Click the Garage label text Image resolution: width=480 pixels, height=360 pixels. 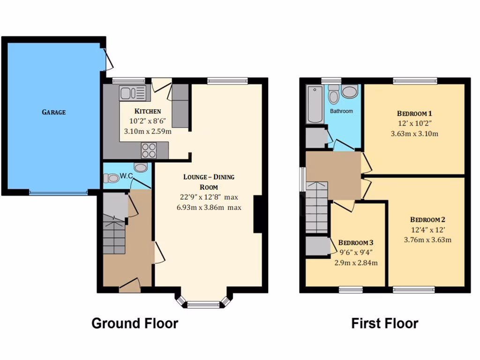click(53, 112)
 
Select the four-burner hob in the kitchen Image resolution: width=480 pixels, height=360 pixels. click(149, 150)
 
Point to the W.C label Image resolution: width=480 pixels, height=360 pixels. click(126, 176)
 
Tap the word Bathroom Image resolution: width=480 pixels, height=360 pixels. click(341, 111)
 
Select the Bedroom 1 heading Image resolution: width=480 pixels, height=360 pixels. click(414, 113)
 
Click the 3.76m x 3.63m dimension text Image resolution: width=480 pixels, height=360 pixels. click(427, 240)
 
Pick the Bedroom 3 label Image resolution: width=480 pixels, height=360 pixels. click(356, 243)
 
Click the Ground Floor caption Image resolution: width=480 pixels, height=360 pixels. click(135, 323)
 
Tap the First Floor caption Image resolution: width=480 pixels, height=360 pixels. click(385, 323)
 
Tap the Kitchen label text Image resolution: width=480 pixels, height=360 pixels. click(148, 112)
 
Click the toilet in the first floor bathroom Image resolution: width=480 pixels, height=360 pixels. click(334, 95)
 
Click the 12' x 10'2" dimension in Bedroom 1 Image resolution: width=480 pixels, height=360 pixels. click(414, 124)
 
